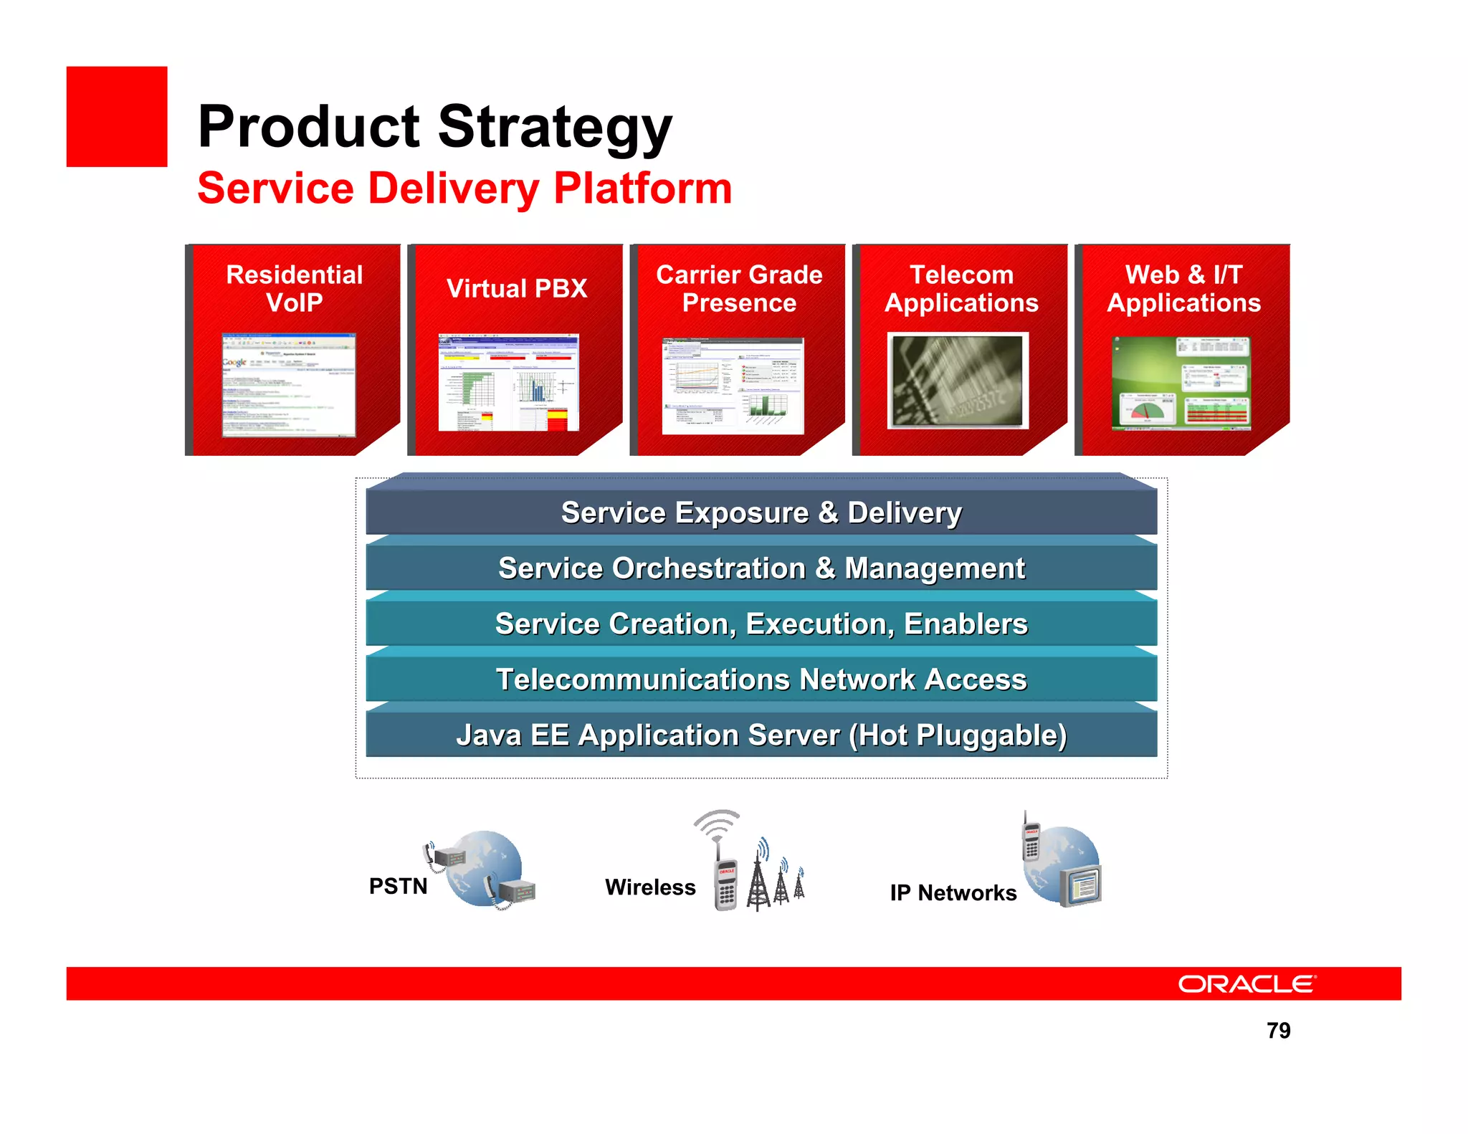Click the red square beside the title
click(117, 117)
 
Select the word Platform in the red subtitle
click(642, 189)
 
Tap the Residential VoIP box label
click(294, 288)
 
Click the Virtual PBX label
click(516, 288)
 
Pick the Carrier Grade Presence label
click(739, 288)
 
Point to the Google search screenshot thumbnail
click(288, 384)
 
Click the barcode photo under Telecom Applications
click(958, 381)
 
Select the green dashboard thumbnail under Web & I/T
click(1181, 383)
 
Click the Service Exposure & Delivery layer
click(761, 513)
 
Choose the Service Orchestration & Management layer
click(761, 568)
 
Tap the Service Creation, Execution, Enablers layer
click(761, 624)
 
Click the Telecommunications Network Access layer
click(761, 679)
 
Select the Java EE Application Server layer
click(761, 735)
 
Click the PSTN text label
click(398, 886)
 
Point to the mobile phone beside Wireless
click(726, 883)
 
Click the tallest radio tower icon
click(758, 878)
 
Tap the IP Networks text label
click(953, 892)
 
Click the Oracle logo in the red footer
click(1247, 983)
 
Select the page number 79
click(1278, 1030)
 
